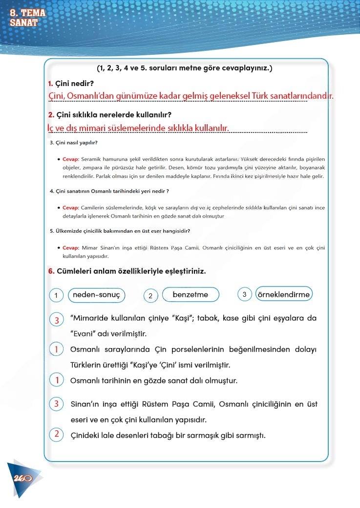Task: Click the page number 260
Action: click(23, 478)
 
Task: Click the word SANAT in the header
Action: click(23, 22)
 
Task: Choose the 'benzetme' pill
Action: click(190, 295)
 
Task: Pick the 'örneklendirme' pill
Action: click(283, 294)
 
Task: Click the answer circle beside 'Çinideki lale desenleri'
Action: click(57, 435)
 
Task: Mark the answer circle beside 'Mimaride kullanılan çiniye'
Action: click(57, 320)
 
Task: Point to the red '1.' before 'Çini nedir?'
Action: click(51, 84)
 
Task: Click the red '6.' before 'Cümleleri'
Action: click(51, 271)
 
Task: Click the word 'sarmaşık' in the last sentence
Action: click(204, 435)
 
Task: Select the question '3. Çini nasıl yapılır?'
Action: click(74, 143)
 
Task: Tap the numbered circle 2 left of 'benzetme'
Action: click(150, 296)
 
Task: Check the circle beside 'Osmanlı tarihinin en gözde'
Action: click(57, 380)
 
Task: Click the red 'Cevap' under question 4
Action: click(71, 207)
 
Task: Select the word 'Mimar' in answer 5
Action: click(90, 248)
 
